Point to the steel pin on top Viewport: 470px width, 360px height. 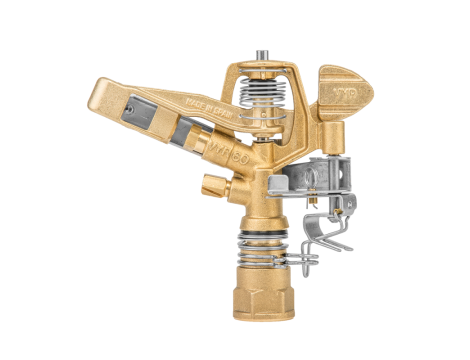pyautogui.click(x=262, y=50)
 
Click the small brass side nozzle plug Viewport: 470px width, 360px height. pyautogui.click(x=212, y=186)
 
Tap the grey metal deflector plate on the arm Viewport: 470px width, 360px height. pyautogui.click(x=150, y=118)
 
